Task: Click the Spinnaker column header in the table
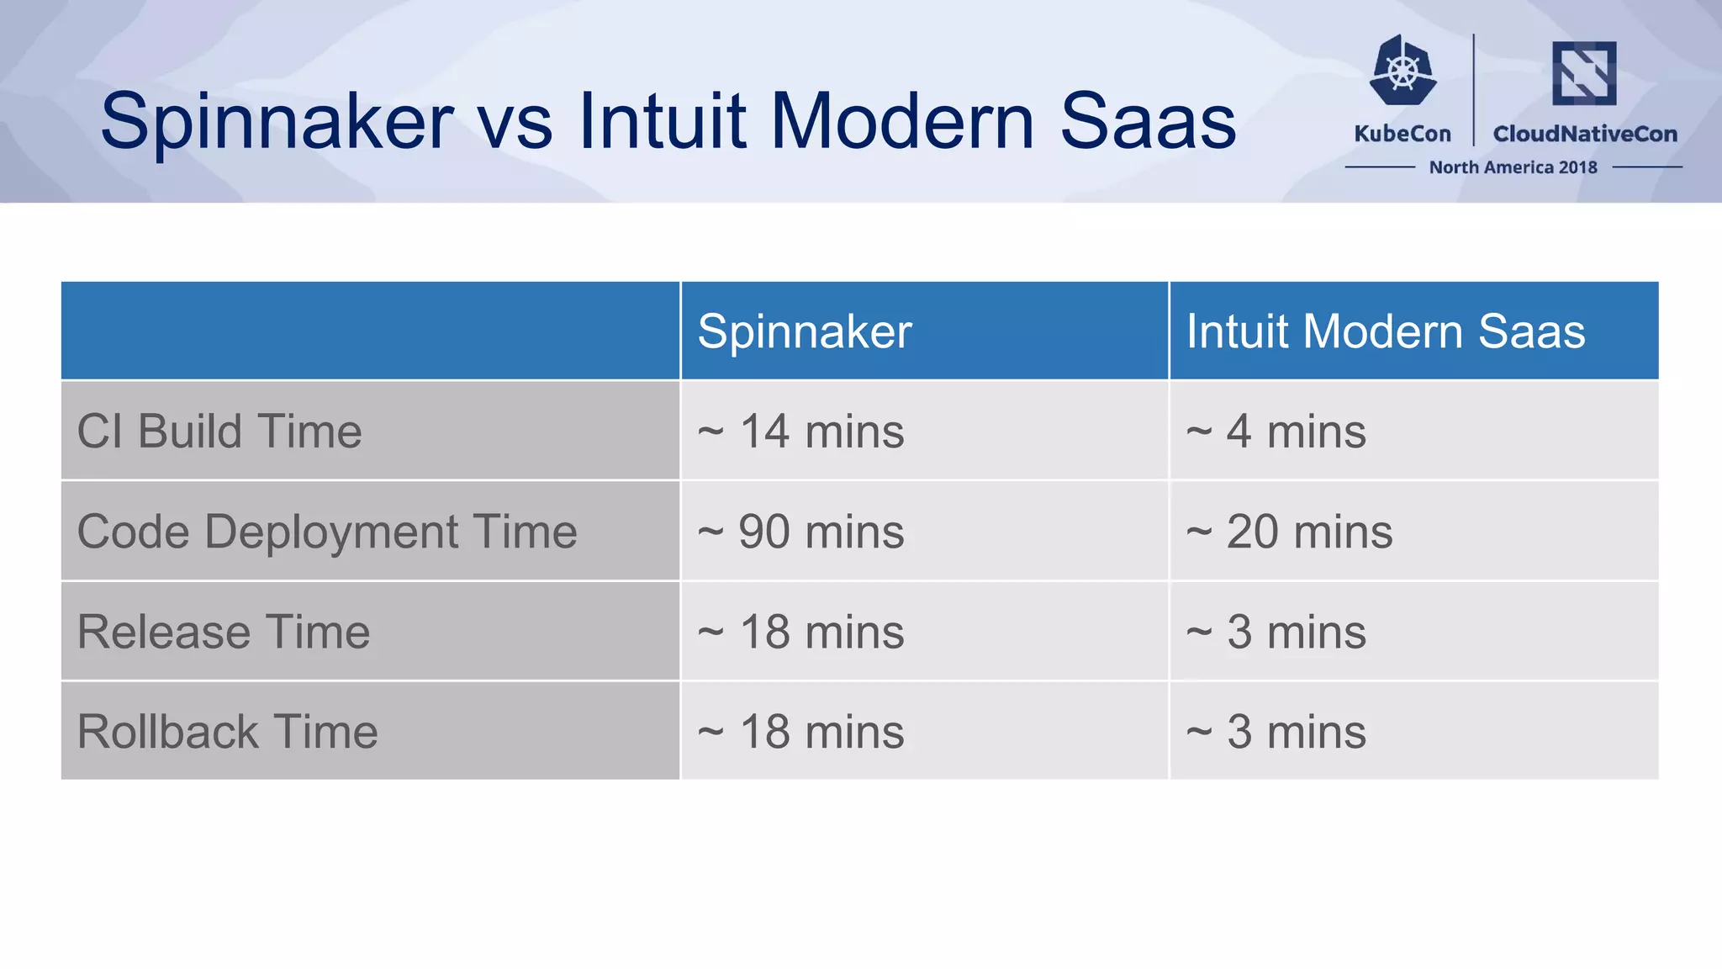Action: [804, 331]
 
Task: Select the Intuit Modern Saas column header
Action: [1385, 331]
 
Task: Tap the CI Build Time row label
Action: [219, 432]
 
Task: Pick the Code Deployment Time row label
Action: [327, 532]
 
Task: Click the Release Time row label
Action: [224, 632]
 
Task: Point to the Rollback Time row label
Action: [227, 732]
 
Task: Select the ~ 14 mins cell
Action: [800, 432]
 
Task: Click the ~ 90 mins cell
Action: [800, 532]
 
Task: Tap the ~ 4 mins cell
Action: [1276, 432]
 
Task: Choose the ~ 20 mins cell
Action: [1289, 532]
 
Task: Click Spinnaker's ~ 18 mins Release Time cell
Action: [800, 632]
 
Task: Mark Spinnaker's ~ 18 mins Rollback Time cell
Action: [800, 732]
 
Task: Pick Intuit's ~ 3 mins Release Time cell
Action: [1276, 632]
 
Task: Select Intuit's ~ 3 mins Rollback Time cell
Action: [1276, 732]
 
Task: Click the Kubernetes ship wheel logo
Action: [1402, 71]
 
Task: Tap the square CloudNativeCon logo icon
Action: [1584, 73]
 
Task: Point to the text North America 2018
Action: [1513, 167]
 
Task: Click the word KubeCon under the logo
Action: [1402, 134]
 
